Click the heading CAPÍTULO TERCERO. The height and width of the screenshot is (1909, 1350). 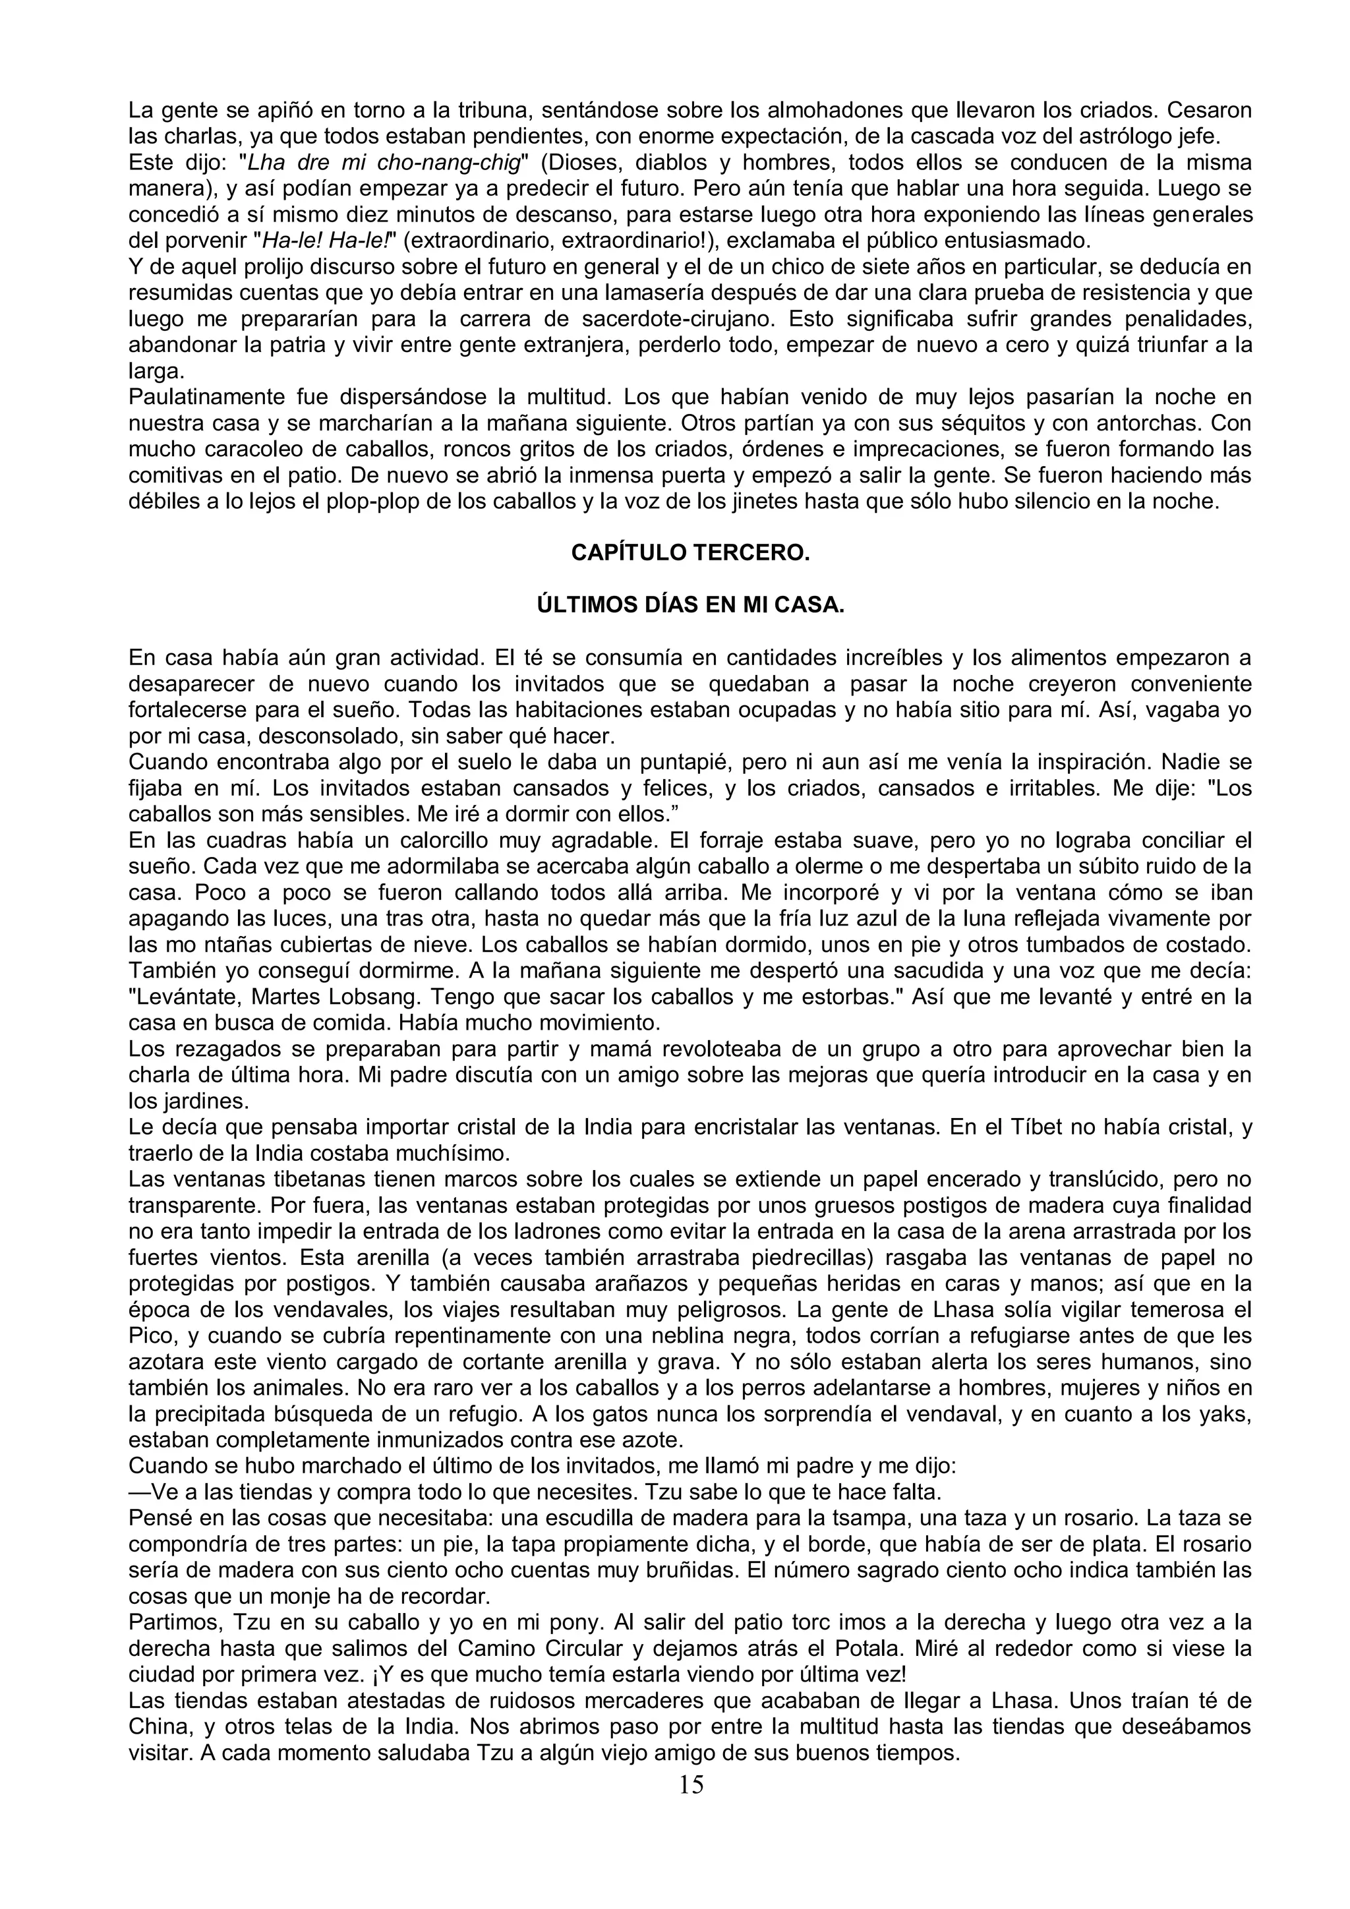[690, 553]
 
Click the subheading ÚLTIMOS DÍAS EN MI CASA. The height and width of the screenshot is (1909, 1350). [690, 605]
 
